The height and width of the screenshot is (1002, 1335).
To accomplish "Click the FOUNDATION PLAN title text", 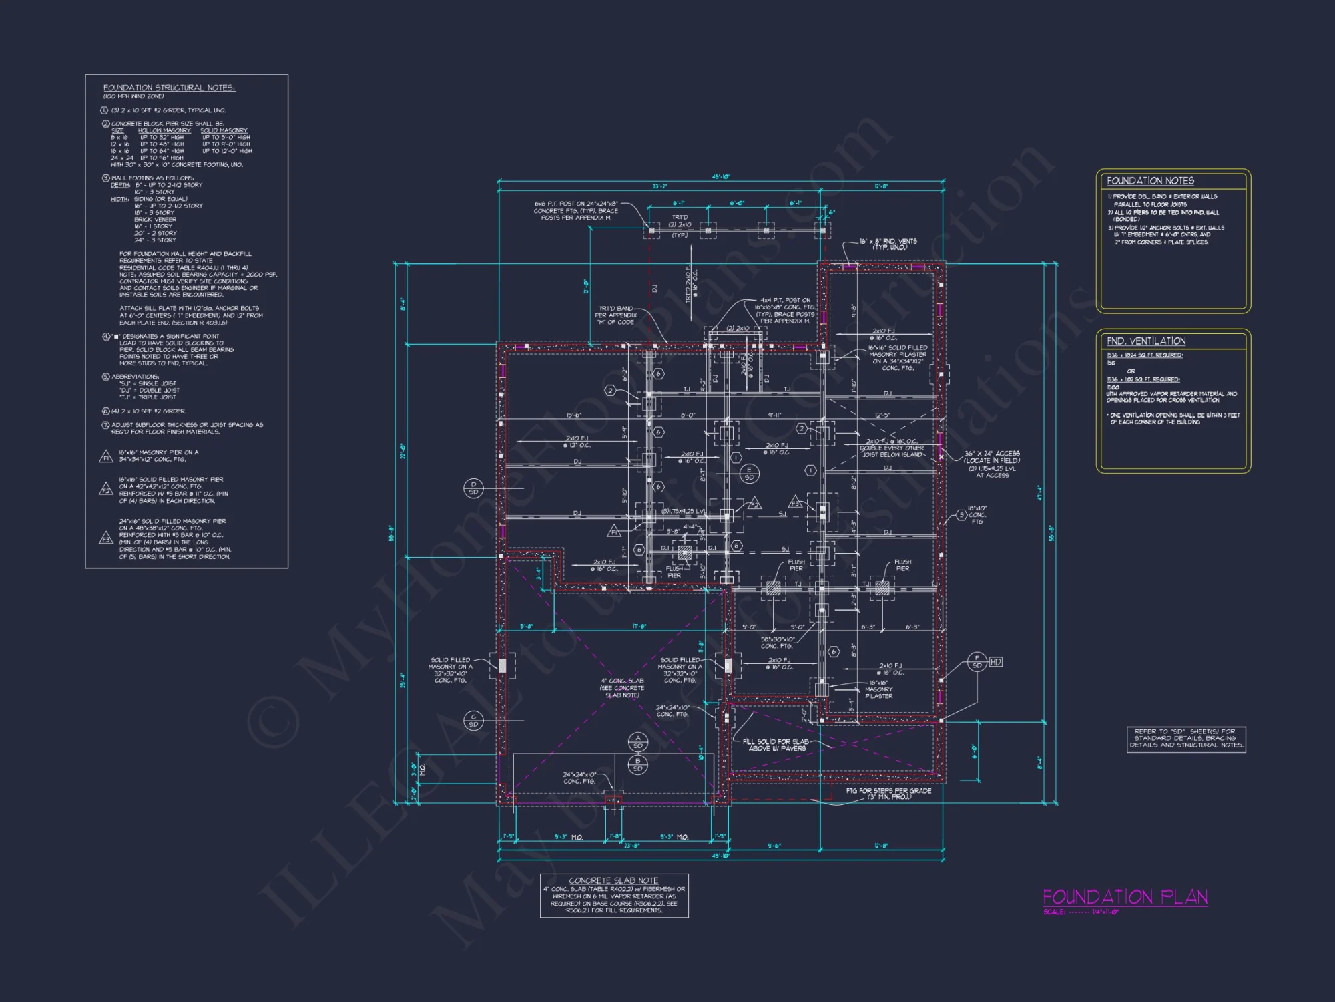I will pos(1125,897).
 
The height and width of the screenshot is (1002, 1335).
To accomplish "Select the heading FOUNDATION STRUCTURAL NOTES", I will pos(169,88).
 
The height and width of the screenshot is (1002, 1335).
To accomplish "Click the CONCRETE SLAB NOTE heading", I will pos(613,880).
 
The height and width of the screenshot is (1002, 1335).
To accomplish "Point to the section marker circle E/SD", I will pos(749,473).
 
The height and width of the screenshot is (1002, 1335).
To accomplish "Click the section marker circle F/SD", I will pos(977,662).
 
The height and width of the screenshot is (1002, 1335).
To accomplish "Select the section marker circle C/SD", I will pos(473,720).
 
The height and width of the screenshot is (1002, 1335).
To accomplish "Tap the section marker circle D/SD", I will pos(473,488).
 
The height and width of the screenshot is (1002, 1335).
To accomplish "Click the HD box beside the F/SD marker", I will pos(995,662).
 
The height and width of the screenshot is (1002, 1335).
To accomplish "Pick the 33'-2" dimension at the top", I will pos(659,186).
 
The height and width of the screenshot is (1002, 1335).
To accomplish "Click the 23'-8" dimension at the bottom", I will pos(631,846).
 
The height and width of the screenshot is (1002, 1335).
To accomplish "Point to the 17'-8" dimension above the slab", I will pos(639,627).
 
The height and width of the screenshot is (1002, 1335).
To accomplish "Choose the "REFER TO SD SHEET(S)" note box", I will pos(1186,738).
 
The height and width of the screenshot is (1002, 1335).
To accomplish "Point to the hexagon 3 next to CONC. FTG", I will pos(962,515).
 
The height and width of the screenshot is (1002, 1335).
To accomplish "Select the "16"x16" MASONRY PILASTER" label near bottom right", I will pos(878,689).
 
